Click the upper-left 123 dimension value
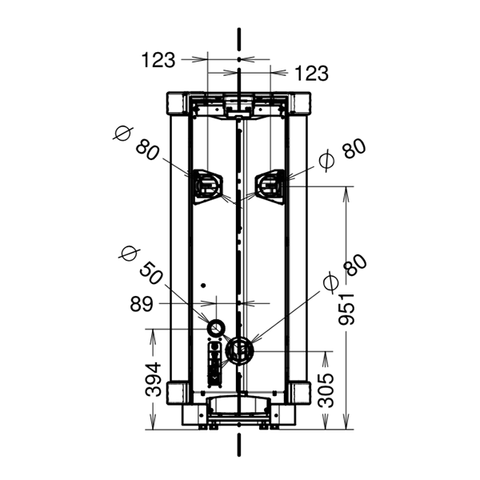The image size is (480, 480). (158, 60)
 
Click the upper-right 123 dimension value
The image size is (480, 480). (311, 74)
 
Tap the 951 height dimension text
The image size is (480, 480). (346, 309)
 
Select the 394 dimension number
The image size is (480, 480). (153, 379)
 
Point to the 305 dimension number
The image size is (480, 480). (326, 390)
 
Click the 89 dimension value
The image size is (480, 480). (141, 305)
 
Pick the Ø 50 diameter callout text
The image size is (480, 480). (141, 266)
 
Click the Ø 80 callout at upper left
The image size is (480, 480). (136, 142)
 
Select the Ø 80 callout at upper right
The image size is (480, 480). (342, 154)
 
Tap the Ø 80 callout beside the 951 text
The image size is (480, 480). (345, 273)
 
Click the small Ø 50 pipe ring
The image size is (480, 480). (217, 328)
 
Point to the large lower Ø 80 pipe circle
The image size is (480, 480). (239, 351)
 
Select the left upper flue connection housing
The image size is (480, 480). (207, 186)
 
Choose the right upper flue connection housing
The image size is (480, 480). (271, 186)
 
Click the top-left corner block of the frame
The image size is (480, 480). (178, 103)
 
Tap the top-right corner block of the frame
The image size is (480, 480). (300, 103)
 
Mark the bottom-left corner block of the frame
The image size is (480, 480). (178, 393)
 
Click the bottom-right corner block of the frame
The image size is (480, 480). (300, 393)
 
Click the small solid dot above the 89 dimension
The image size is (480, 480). (202, 286)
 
